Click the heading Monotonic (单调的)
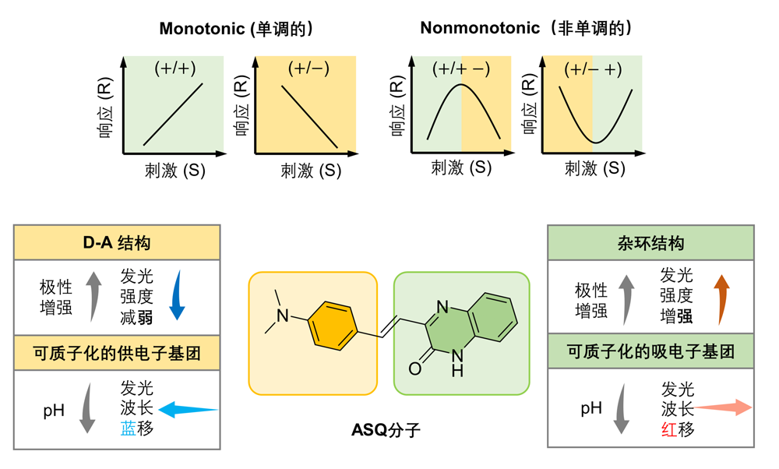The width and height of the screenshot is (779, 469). (237, 29)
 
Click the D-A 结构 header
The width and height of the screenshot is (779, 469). (117, 243)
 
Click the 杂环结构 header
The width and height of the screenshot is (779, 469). (650, 243)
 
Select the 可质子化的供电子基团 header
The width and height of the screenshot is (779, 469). (117, 353)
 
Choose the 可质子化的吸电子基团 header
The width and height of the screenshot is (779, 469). (650, 352)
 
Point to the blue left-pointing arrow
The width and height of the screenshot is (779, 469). (188, 408)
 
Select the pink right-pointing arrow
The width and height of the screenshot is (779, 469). (724, 407)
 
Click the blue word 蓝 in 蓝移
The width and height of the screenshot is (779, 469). (128, 428)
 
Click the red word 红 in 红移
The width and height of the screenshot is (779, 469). (668, 428)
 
